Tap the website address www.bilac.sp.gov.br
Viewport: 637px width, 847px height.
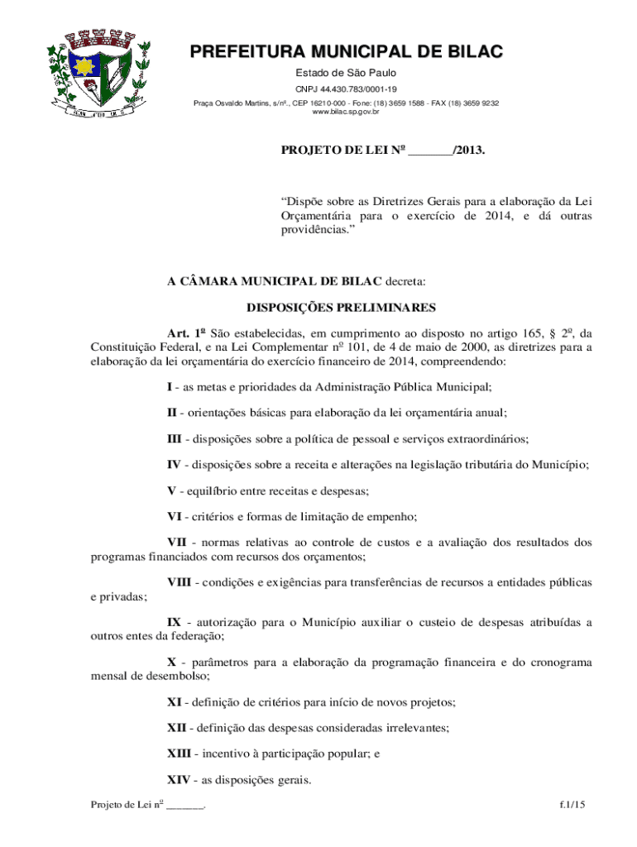pyautogui.click(x=346, y=112)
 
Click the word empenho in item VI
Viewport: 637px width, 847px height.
pyautogui.click(x=390, y=516)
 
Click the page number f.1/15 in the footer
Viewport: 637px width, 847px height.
pyautogui.click(x=572, y=805)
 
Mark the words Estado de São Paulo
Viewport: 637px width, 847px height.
pyautogui.click(x=346, y=74)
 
